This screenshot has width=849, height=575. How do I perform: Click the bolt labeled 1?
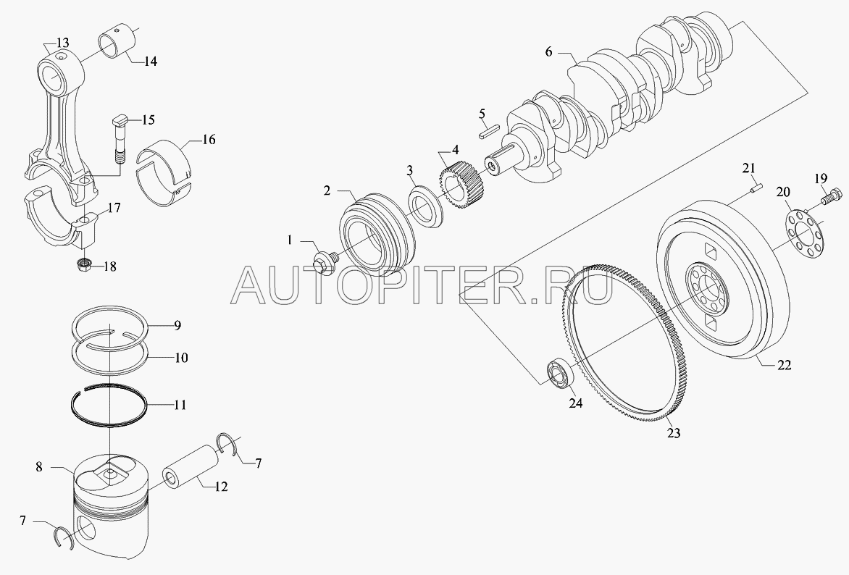pyautogui.click(x=324, y=261)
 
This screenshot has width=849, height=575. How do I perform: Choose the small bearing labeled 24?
pyautogui.click(x=562, y=372)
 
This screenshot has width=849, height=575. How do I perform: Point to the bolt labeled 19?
pyautogui.click(x=831, y=196)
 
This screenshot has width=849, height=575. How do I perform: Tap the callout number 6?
pyautogui.click(x=549, y=52)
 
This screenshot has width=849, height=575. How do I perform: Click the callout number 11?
pyautogui.click(x=178, y=406)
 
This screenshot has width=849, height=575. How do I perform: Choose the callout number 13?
pyautogui.click(x=62, y=41)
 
